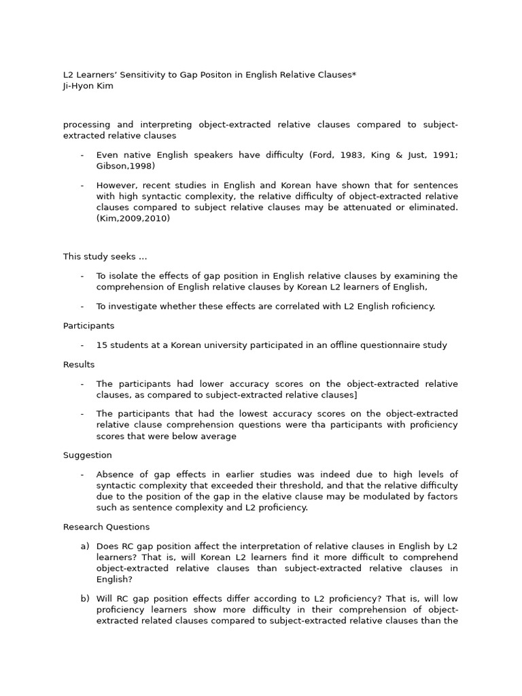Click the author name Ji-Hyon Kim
pyautogui.click(x=88, y=86)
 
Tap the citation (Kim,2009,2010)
pyautogui.click(x=133, y=218)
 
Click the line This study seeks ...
pyautogui.click(x=105, y=256)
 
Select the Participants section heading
pyautogui.click(x=88, y=326)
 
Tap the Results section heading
pyautogui.click(x=79, y=365)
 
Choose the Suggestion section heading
pyautogui.click(x=88, y=455)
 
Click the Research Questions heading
pyautogui.click(x=106, y=527)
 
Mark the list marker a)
pyautogui.click(x=85, y=546)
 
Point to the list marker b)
pyautogui.click(x=85, y=599)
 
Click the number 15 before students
pyautogui.click(x=101, y=345)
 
